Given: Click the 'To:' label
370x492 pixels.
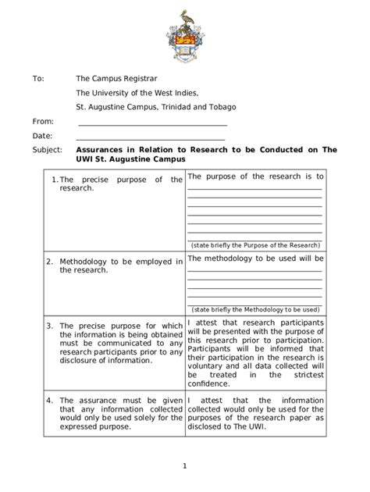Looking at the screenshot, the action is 38,79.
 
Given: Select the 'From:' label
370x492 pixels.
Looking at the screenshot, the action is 43,122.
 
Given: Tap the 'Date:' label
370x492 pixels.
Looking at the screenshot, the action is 41,136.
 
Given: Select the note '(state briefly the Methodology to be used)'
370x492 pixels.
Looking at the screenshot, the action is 254,309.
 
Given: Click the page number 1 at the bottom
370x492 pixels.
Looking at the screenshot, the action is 185,467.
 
